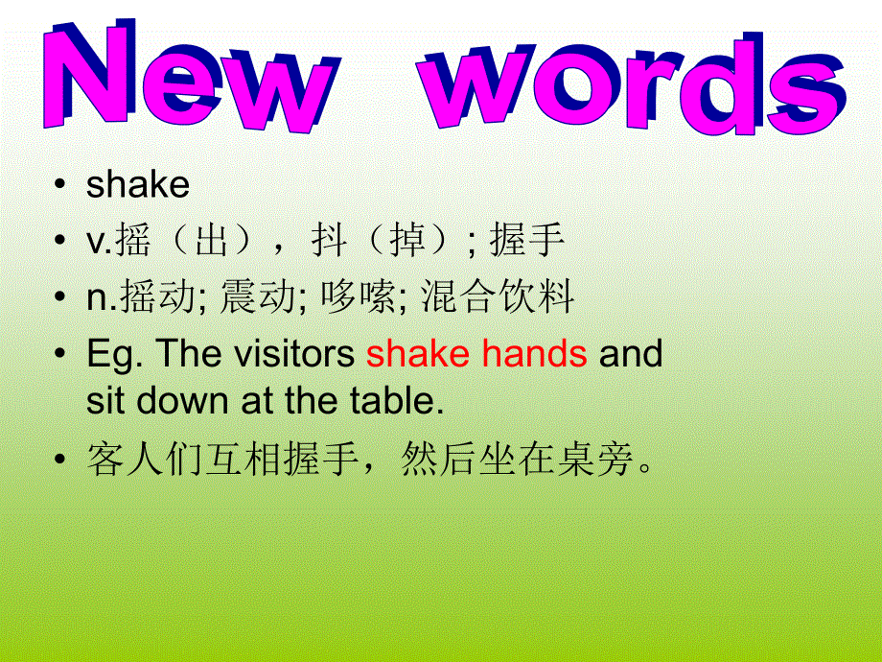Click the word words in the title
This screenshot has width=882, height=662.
(x=633, y=83)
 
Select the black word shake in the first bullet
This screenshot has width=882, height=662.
(x=138, y=183)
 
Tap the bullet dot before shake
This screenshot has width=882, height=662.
(x=60, y=183)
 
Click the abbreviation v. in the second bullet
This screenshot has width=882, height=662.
(x=100, y=242)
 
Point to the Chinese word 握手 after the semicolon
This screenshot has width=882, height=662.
(x=526, y=240)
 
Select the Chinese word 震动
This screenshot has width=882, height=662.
(x=258, y=296)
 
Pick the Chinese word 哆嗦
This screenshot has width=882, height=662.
(x=358, y=296)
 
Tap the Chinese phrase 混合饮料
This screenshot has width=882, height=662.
(x=498, y=296)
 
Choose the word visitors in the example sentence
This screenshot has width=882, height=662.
(x=294, y=353)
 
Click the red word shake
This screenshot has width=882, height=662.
(x=418, y=353)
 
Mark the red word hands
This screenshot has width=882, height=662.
(x=534, y=353)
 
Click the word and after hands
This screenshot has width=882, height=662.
(x=631, y=353)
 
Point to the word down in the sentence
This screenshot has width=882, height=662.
(x=183, y=401)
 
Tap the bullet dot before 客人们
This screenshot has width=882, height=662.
(x=60, y=459)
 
